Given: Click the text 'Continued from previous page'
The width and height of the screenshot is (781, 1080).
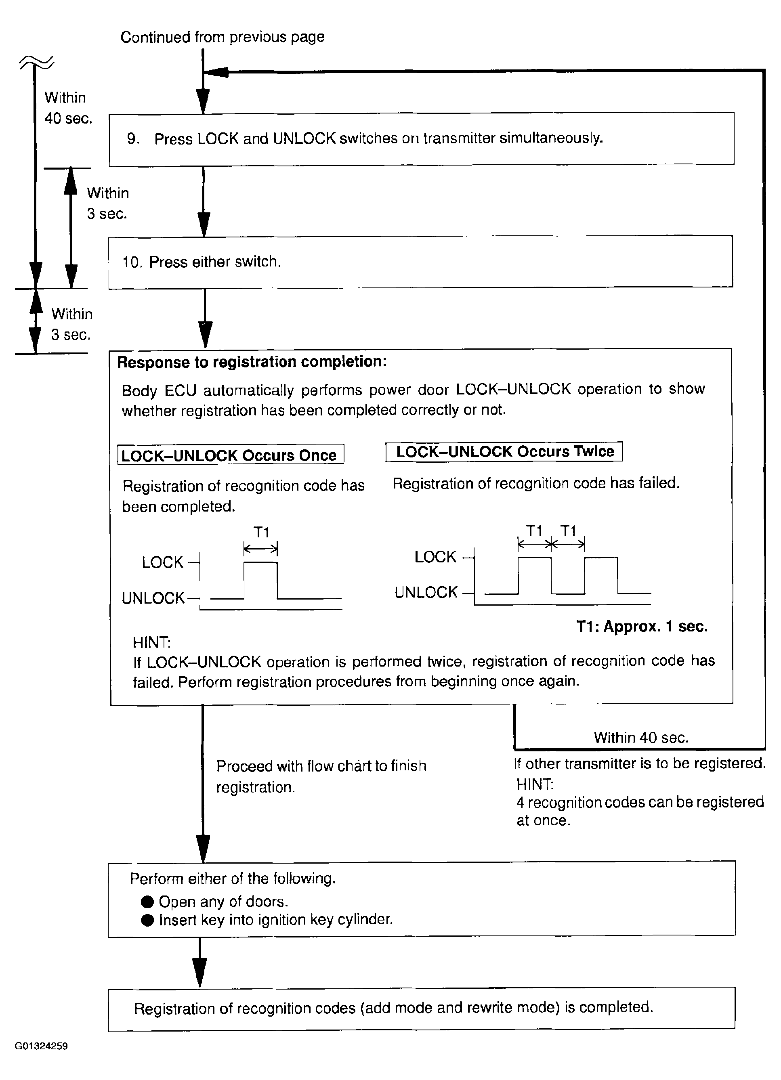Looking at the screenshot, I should [x=222, y=37].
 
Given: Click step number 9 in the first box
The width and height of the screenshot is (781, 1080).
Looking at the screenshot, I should [x=132, y=138].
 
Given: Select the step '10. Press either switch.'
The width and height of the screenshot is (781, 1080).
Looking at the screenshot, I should [x=202, y=262].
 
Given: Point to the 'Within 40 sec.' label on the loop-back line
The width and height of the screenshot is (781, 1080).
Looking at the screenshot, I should [x=640, y=738].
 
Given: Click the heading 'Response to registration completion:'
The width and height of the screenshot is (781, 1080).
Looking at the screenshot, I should [x=252, y=362].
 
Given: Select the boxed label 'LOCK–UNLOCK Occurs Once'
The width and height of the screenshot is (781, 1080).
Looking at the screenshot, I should [x=231, y=455].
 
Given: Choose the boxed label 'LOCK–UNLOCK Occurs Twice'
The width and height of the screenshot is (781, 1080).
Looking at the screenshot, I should [x=504, y=451].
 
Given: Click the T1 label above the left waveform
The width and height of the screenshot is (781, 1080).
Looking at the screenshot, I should [x=261, y=532].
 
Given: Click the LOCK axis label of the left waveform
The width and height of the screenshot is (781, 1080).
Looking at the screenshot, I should [x=162, y=562].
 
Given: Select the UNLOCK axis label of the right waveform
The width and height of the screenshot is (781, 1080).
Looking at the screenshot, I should [x=426, y=592].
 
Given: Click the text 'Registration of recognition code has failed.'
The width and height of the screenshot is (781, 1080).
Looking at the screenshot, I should [x=536, y=483].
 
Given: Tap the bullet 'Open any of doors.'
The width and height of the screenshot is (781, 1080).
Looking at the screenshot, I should [x=223, y=902].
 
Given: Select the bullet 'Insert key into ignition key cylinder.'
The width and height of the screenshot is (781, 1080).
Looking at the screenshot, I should [x=275, y=920].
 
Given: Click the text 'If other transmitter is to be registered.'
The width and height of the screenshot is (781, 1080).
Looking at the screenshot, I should [x=640, y=763].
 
